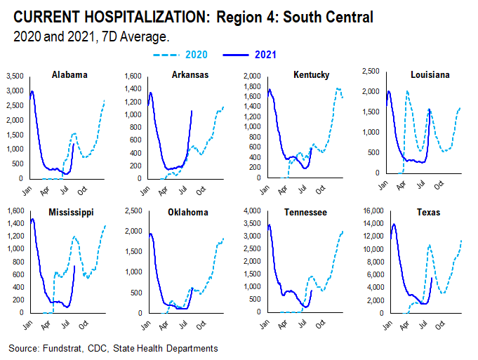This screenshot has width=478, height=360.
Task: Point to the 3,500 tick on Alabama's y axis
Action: [x=15, y=75]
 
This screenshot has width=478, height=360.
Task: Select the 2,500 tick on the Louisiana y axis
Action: [x=373, y=71]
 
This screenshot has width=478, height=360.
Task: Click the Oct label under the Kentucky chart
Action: [x=320, y=189]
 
